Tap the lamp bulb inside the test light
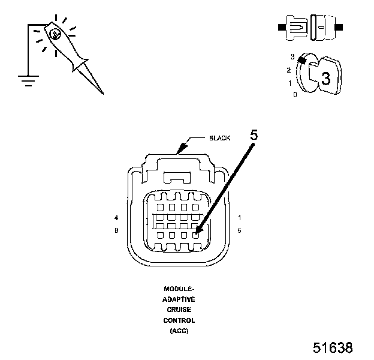[x=55, y=34]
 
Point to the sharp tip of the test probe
[x=102, y=93]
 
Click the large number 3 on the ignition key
[x=326, y=79]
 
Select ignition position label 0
[x=294, y=94]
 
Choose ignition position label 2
[x=288, y=70]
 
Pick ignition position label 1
[x=290, y=83]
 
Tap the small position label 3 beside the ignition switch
[x=292, y=57]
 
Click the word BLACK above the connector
[x=219, y=138]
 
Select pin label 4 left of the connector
[x=116, y=217]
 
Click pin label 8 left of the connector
[x=116, y=230]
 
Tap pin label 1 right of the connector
[x=240, y=217]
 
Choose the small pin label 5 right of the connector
[x=240, y=230]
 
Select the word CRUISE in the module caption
[x=179, y=310]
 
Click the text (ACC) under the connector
[x=179, y=331]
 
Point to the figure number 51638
[x=333, y=348]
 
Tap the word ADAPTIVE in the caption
[x=179, y=299]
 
